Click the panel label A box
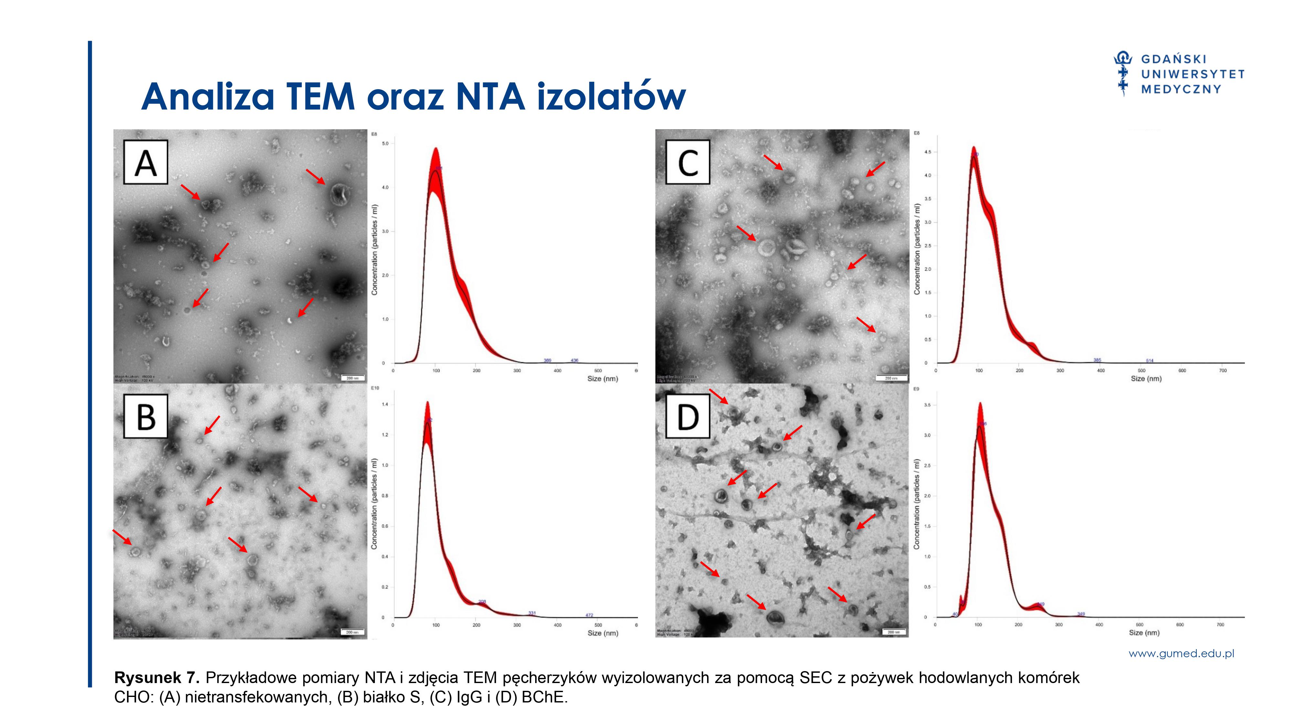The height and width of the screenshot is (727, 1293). [x=145, y=162]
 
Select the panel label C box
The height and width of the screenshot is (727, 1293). [x=688, y=162]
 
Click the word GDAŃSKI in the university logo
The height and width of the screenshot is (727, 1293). [x=1173, y=59]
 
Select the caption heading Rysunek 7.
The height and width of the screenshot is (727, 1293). [x=157, y=678]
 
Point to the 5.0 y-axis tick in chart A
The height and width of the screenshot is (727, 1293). [x=385, y=143]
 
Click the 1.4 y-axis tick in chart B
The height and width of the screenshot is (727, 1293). [x=385, y=405]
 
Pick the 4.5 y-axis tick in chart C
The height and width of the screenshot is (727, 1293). [x=927, y=152]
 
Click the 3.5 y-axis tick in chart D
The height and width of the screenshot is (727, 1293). [x=927, y=405]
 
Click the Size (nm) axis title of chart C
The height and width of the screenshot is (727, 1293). [x=1146, y=378]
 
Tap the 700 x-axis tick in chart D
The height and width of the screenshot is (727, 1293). [x=1220, y=625]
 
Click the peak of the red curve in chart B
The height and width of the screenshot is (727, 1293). [x=427, y=402]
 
